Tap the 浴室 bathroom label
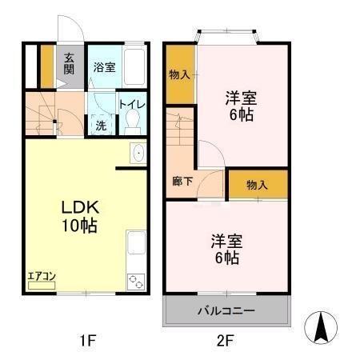pyautogui.click(x=104, y=68)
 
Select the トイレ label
pyautogui.click(x=131, y=104)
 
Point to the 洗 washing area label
pyautogui.click(x=101, y=126)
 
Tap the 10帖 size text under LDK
pyautogui.click(x=80, y=226)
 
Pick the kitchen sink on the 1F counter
pyautogui.click(x=136, y=153)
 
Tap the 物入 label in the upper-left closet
pyautogui.click(x=180, y=74)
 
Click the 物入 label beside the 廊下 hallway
pyautogui.click(x=256, y=185)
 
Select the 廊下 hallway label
pyautogui.click(x=182, y=181)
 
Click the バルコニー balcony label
pyautogui.click(x=226, y=310)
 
